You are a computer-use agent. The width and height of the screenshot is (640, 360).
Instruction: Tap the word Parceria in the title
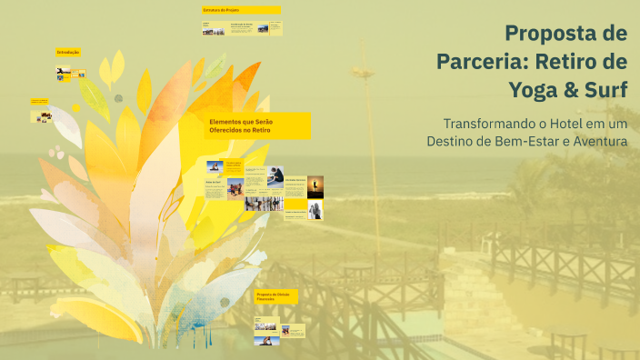pos(480,63)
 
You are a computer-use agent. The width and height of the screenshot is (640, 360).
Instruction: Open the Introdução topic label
pos(68,53)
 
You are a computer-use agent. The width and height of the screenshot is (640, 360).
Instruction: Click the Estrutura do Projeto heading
pos(220,10)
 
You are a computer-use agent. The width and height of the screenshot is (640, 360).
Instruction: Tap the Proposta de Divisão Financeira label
pos(271,296)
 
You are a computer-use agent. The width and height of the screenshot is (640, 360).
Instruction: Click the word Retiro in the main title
pos(569,63)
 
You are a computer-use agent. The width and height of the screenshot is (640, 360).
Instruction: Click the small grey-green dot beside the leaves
pos(118,98)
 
